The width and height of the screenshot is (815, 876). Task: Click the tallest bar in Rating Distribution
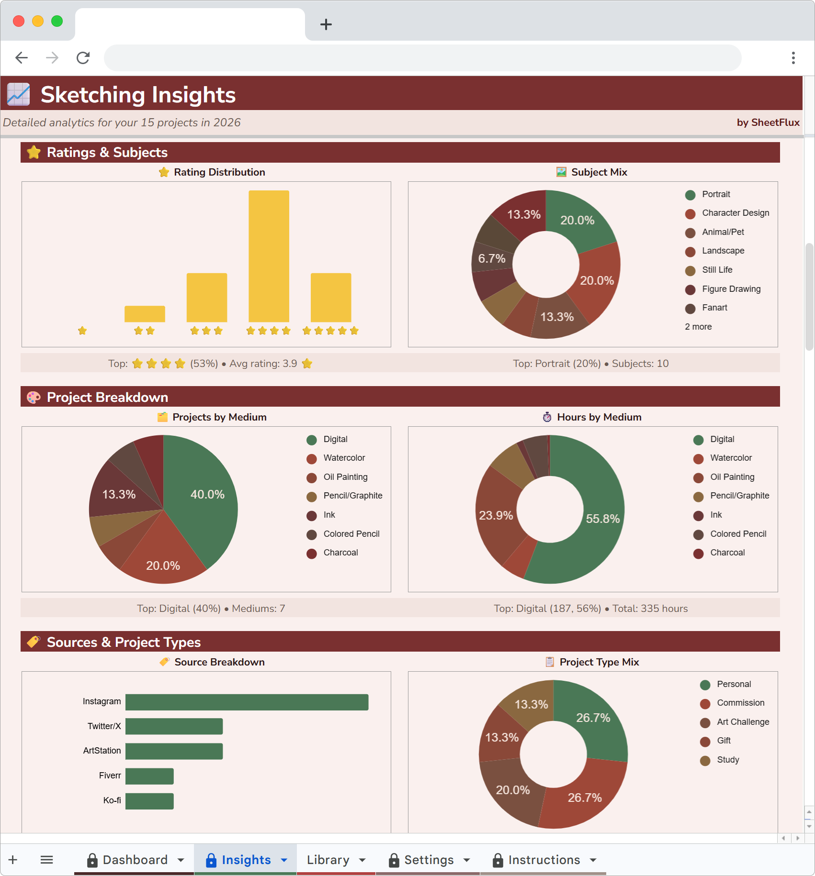click(269, 256)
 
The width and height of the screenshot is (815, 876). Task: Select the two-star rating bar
click(145, 314)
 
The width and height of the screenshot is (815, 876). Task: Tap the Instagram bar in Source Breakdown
click(247, 702)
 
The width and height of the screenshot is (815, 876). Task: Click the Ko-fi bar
click(149, 801)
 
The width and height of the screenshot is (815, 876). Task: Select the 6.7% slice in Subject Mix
click(491, 258)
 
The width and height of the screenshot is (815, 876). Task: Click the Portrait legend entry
click(716, 194)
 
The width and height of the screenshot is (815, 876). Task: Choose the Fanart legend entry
click(714, 308)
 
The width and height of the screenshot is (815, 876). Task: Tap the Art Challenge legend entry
click(743, 722)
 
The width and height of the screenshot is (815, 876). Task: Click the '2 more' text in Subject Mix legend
click(698, 327)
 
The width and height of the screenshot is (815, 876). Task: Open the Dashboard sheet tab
click(135, 860)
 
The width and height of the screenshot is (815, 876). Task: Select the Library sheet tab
click(328, 860)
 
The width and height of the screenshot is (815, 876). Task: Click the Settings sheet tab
click(429, 860)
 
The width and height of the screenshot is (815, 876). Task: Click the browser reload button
click(83, 58)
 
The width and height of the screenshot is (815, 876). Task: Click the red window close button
click(19, 21)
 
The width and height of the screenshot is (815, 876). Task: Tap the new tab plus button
click(326, 24)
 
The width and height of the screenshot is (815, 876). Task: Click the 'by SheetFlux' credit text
click(768, 122)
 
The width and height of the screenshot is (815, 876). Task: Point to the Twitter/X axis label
click(104, 726)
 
